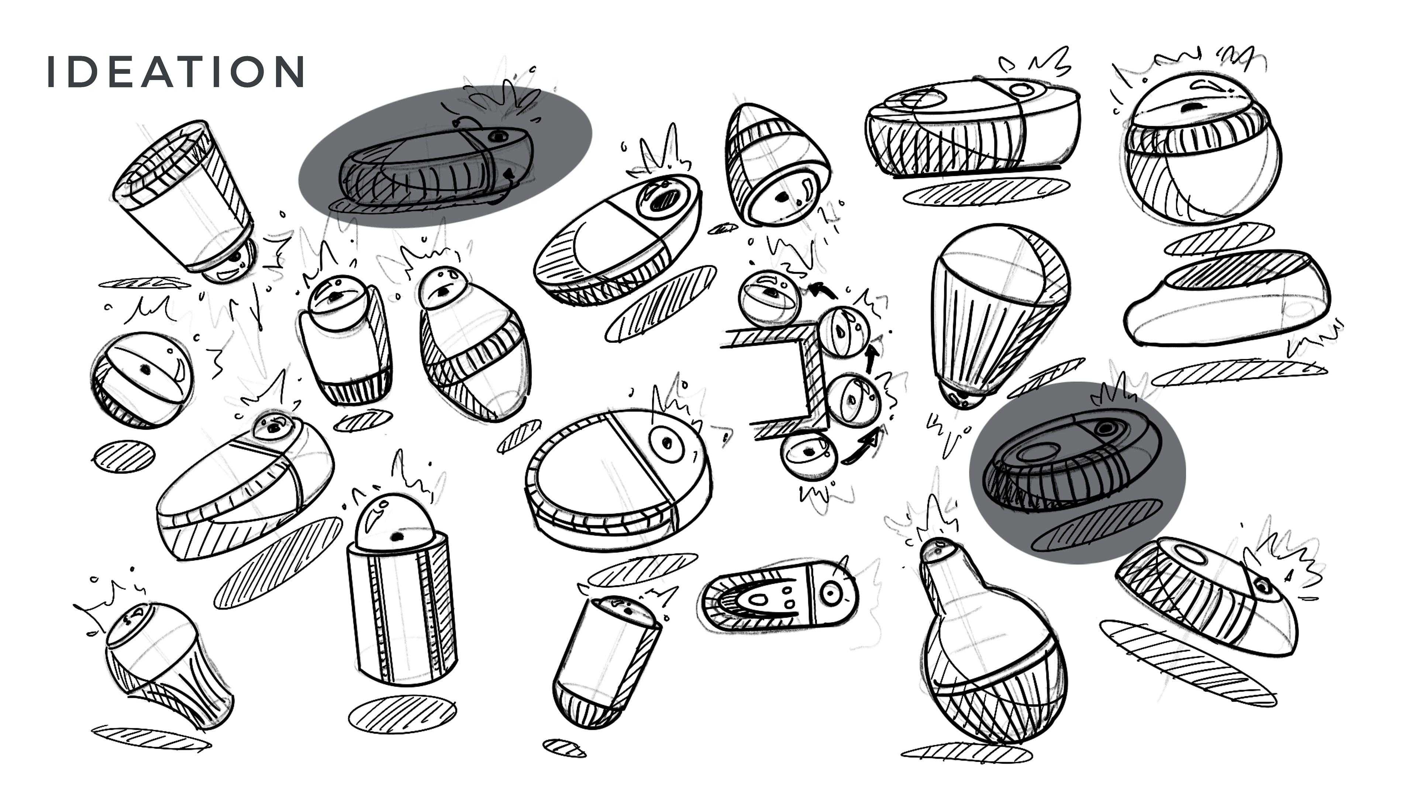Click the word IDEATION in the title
pyautogui.click(x=176, y=72)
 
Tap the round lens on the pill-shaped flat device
pyautogui.click(x=831, y=593)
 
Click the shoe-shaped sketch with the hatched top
pyautogui.click(x=1227, y=300)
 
